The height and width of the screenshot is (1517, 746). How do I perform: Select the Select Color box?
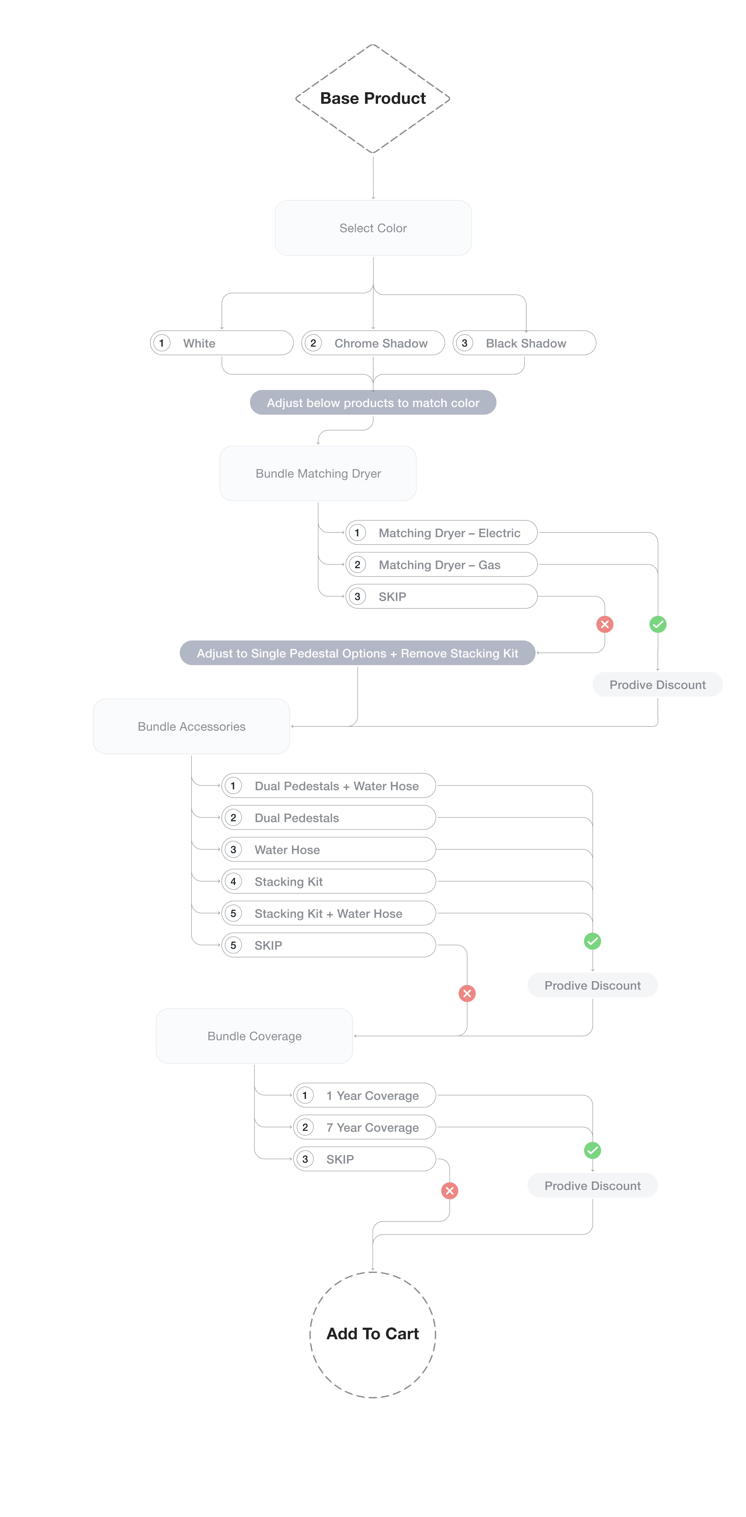(x=373, y=228)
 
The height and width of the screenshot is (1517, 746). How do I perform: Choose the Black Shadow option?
(x=524, y=343)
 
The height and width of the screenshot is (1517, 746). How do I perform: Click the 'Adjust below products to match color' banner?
(x=373, y=403)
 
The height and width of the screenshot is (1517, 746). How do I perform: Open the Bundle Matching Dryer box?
(x=318, y=474)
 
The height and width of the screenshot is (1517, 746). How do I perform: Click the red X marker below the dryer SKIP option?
(x=605, y=624)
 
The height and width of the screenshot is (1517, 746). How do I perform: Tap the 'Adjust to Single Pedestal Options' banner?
(x=357, y=653)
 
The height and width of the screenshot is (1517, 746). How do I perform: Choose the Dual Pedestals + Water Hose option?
(x=329, y=786)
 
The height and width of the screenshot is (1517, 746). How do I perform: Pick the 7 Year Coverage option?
(x=364, y=1127)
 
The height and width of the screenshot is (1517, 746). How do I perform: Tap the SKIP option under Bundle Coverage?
(x=364, y=1159)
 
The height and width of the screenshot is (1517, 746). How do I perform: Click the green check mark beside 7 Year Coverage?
(x=592, y=1150)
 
